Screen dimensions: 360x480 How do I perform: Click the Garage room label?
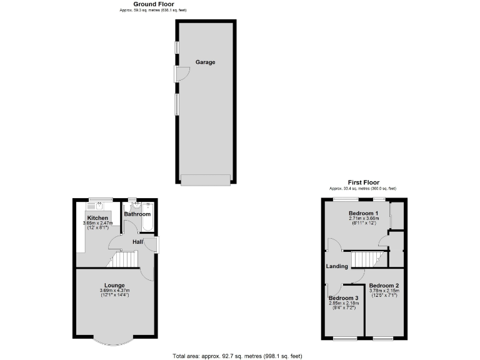205,62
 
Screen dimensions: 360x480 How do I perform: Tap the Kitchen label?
97,217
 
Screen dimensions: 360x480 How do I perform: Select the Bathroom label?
137,214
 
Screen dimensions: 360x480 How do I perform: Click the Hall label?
137,242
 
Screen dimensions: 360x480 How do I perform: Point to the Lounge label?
114,285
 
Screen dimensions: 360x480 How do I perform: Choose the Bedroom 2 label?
384,285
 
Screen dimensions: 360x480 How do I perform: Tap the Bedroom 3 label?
344,298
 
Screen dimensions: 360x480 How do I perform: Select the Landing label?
337,266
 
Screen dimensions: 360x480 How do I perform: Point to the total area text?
237,356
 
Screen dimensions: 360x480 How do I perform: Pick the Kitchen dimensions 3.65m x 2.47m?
97,223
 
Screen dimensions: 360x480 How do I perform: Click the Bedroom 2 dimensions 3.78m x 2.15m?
384,291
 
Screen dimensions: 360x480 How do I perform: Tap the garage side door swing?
182,74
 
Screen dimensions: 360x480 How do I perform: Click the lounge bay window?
114,341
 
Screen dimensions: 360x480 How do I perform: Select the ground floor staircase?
127,259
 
